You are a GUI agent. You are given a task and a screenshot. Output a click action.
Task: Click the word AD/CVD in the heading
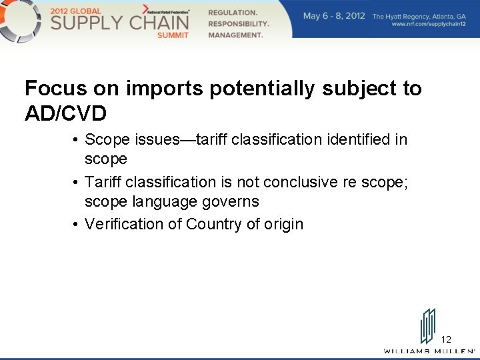point(65,114)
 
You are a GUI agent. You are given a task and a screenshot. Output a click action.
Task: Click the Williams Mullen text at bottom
point(429,351)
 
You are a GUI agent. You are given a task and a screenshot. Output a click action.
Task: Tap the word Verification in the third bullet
point(124,224)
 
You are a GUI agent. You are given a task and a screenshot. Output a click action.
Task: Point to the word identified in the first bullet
point(349,140)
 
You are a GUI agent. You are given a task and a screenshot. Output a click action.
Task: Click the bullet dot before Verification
point(77,224)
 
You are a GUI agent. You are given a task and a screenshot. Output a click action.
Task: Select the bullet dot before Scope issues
point(77,140)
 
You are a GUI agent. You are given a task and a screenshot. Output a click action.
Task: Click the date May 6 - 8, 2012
point(333,16)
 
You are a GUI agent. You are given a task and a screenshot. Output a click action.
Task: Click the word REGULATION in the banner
point(233,13)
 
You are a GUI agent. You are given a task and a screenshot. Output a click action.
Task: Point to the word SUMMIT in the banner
point(173,35)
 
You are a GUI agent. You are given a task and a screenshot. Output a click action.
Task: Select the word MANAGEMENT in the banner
point(235,35)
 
